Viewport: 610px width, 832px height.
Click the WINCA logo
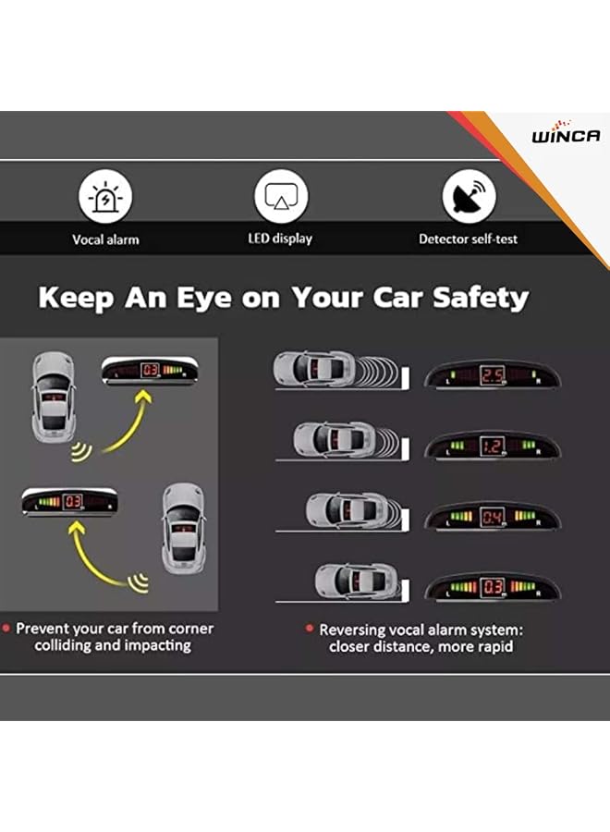coord(565,136)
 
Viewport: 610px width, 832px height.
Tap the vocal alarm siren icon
coord(105,198)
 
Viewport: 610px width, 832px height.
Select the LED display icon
coord(281,198)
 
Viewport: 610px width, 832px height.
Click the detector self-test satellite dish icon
coord(469,198)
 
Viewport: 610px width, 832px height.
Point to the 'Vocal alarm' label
coord(105,239)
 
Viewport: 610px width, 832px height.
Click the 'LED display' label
coord(280,239)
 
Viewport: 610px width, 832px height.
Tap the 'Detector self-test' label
coord(468,239)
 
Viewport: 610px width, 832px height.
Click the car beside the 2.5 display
coord(314,369)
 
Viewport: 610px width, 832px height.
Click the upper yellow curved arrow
coord(125,422)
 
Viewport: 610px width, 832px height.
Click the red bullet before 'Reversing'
coord(310,629)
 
